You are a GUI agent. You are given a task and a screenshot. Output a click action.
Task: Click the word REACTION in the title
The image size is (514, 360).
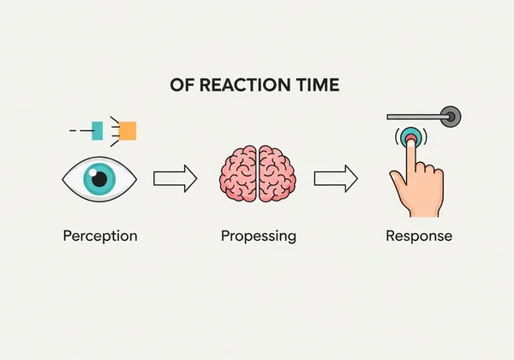click(x=245, y=85)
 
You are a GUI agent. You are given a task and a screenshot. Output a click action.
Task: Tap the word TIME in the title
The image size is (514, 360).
click(x=318, y=85)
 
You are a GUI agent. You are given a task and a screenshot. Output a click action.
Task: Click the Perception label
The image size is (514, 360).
click(x=100, y=236)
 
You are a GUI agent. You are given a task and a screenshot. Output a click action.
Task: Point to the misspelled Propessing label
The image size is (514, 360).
click(x=259, y=236)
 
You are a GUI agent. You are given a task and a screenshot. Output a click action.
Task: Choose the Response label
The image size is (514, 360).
click(x=419, y=236)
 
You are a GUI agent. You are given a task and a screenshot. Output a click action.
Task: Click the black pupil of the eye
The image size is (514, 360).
click(x=99, y=179)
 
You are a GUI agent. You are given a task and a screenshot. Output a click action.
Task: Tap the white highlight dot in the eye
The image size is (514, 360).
click(x=93, y=172)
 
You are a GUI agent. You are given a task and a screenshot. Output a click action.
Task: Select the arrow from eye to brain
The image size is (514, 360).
click(x=176, y=178)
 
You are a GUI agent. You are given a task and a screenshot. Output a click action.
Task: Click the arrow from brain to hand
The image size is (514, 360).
click(x=336, y=178)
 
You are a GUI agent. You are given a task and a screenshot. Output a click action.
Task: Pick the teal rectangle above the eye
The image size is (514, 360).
click(x=97, y=131)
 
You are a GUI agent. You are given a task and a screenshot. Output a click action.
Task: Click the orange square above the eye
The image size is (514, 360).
click(x=127, y=131)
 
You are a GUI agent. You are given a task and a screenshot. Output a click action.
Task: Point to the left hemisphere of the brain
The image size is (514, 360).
click(x=238, y=174)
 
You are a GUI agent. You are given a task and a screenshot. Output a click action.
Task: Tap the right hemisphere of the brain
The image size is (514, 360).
click(x=278, y=174)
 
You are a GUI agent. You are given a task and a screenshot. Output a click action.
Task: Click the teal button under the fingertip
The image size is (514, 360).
click(x=411, y=136)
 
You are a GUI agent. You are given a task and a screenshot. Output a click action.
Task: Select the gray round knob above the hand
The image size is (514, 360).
click(x=451, y=117)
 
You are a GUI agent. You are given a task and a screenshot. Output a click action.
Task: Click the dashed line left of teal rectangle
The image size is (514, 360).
click(x=81, y=131)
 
